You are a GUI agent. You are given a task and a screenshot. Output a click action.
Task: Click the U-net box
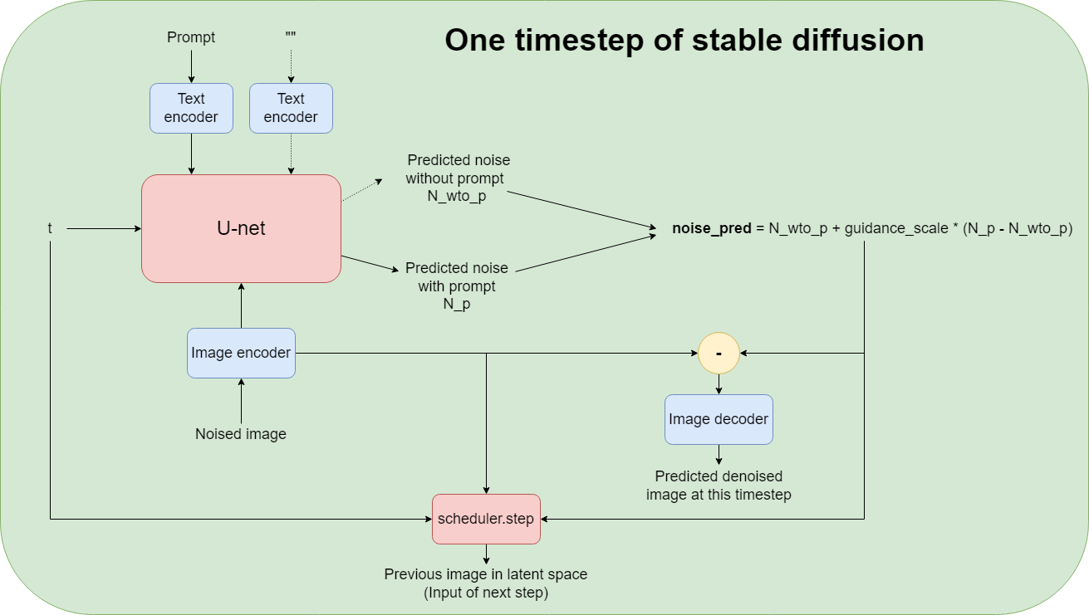coord(241,228)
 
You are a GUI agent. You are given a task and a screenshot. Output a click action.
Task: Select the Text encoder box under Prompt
coord(191,108)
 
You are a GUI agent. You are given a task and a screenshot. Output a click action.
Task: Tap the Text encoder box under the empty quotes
coord(291,108)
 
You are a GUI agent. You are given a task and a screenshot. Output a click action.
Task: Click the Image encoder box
coord(241,353)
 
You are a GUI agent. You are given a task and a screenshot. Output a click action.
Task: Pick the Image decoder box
coord(719,419)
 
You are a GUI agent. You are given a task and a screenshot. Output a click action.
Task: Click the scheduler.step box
coord(486,519)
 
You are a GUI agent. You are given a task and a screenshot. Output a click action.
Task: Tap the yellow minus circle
coord(719,353)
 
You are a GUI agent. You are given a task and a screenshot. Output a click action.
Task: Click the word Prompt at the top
coord(191,37)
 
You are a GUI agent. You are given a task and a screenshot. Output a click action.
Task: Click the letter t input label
coord(51,228)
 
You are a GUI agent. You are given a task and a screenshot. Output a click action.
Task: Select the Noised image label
coord(241,434)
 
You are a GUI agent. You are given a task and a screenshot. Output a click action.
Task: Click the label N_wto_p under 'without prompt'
coord(457,196)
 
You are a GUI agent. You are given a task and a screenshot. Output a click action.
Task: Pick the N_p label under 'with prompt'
coord(457,304)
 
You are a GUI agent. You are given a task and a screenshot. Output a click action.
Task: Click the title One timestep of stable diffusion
coord(684,40)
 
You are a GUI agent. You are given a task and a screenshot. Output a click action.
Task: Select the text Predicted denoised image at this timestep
coord(719,486)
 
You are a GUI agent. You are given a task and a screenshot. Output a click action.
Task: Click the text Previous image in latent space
coord(486,574)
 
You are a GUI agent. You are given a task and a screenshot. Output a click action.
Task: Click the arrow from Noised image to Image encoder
coord(241,403)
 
